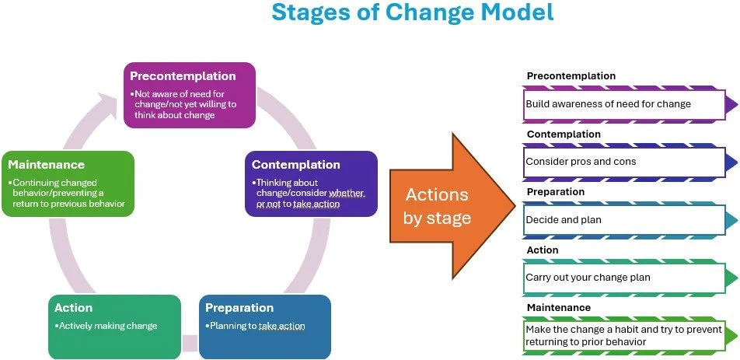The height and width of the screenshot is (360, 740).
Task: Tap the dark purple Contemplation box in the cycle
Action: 311,183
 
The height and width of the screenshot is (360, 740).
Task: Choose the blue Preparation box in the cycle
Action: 264,326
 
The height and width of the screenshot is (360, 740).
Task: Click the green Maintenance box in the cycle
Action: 68,183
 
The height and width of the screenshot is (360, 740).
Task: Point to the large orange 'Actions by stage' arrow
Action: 443,205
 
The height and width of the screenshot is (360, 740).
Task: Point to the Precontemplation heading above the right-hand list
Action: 571,76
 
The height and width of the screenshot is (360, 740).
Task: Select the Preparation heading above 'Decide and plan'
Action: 556,192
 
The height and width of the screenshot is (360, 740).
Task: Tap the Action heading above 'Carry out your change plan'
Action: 543,250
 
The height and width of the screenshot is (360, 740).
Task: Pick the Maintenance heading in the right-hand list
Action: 558,308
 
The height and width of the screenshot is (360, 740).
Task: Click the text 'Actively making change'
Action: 107,326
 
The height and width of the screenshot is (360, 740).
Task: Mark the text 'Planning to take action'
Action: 257,326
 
